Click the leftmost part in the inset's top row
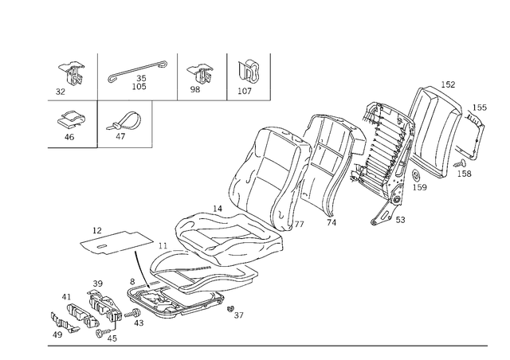tap(73, 72)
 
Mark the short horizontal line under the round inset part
tap(73, 146)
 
